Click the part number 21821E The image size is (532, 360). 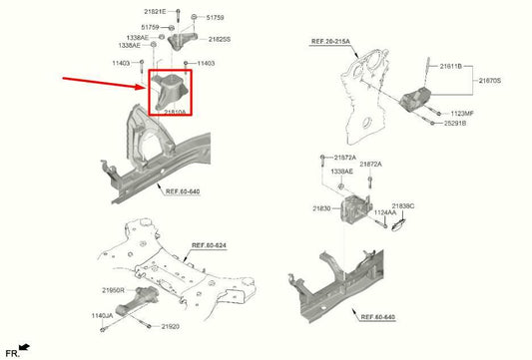tap(157, 10)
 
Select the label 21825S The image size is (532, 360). tap(220, 39)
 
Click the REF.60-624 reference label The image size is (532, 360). tap(210, 244)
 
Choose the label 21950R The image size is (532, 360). tap(112, 289)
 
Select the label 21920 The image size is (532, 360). tap(174, 325)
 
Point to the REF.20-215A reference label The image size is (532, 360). tap(331, 43)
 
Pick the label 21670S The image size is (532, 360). tap(491, 79)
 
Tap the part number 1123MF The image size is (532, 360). tap(463, 114)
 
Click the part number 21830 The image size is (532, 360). tap(321, 208)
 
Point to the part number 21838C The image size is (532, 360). tap(403, 204)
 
